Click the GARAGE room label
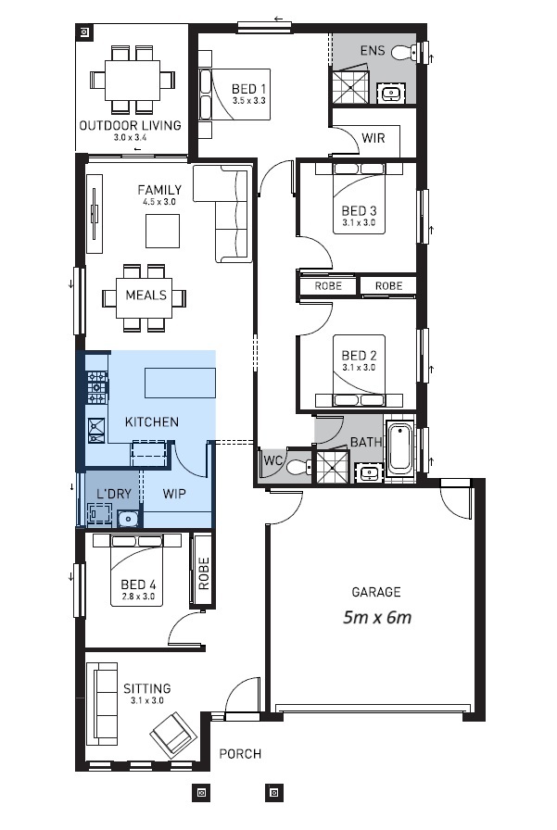click(375, 592)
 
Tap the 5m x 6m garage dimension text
click(375, 617)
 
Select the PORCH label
click(240, 754)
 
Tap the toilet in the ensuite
click(404, 53)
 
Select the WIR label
click(373, 139)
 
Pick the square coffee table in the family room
click(162, 231)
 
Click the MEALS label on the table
click(146, 296)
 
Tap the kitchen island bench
click(180, 383)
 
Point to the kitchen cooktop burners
click(96, 387)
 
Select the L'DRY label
click(114, 494)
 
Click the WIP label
click(174, 494)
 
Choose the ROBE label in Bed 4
click(203, 573)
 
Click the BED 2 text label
click(358, 356)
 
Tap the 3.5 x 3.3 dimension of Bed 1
click(249, 100)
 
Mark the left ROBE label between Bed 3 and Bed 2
click(328, 286)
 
